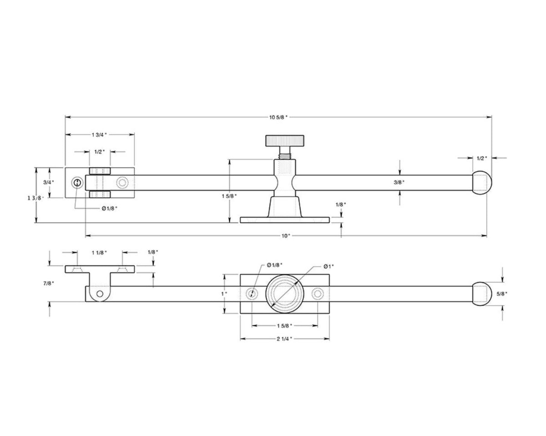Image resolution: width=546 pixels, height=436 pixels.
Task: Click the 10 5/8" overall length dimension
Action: click(278, 117)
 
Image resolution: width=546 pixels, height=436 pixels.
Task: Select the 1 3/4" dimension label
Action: click(99, 134)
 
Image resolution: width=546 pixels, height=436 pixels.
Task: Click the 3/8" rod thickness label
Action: click(399, 182)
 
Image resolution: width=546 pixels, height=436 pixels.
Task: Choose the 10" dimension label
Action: click(286, 236)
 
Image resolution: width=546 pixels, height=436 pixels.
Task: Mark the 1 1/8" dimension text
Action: click(99, 252)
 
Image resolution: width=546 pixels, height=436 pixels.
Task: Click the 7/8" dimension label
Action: click(49, 283)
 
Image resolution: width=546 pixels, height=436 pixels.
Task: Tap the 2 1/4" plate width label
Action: click(284, 339)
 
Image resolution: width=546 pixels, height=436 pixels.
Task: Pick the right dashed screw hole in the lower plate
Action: click(317, 294)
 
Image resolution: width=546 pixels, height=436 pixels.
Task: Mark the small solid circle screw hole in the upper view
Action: click(77, 183)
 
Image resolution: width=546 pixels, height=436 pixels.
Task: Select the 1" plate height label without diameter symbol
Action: click(223, 294)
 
